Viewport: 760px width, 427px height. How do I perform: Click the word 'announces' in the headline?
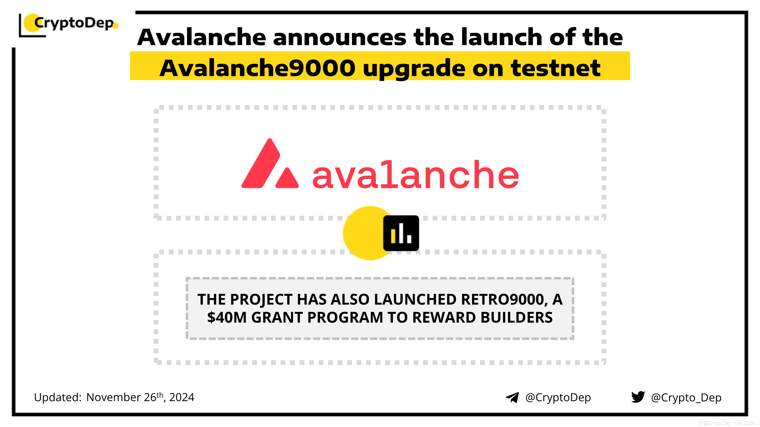[339, 37]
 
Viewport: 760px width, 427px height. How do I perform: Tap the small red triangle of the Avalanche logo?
[287, 179]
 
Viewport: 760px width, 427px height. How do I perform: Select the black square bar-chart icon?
[401, 233]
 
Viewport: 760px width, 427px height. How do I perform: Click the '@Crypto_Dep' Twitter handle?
[686, 398]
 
